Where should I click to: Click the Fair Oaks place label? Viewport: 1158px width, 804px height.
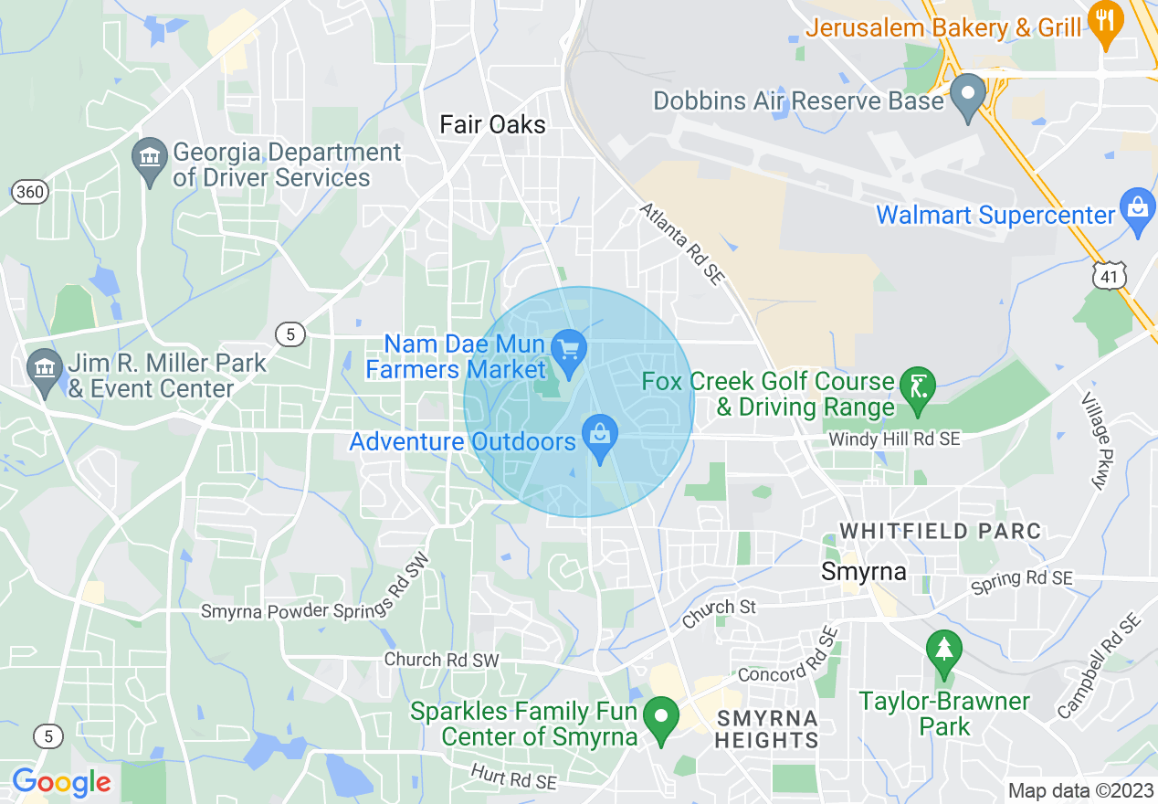click(x=492, y=124)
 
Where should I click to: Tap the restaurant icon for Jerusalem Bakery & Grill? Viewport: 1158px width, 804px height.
click(x=1105, y=24)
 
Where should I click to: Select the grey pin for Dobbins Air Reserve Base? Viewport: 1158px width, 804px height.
click(x=967, y=96)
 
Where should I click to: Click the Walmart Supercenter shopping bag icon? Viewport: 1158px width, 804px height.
click(x=1138, y=209)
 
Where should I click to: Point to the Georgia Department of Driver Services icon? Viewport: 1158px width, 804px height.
click(x=150, y=158)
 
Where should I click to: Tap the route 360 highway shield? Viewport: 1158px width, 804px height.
click(x=30, y=192)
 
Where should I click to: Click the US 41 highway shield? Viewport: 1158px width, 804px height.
click(x=1108, y=275)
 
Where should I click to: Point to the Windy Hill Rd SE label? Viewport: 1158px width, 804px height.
click(x=894, y=439)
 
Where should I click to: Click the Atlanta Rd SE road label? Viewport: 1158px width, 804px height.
click(x=681, y=243)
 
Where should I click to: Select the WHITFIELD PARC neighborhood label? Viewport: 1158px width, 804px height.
click(x=940, y=531)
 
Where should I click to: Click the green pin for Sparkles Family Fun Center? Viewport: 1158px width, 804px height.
click(x=661, y=717)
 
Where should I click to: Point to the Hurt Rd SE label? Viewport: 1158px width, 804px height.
click(x=513, y=777)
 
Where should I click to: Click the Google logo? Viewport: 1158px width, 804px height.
click(x=61, y=782)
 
